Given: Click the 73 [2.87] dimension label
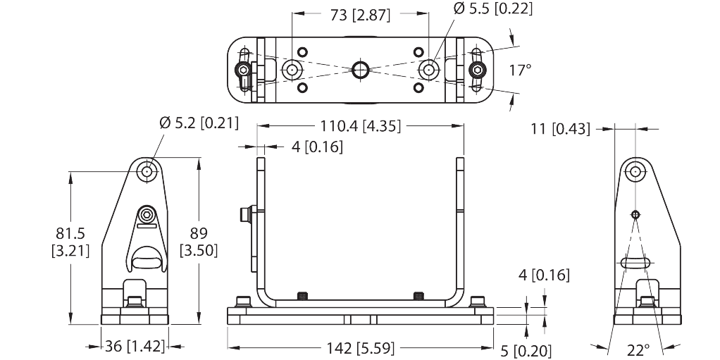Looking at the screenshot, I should point(361,14).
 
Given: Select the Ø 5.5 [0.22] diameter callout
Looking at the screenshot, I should point(492,9).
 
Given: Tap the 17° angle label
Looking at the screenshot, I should point(520,70).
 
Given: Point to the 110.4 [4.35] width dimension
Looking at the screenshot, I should point(360,127).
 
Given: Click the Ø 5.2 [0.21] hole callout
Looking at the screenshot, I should point(199,124).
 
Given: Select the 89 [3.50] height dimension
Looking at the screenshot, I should point(199,240).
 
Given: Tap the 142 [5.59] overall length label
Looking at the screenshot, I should point(360,347).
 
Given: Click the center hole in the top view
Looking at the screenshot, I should point(361,70).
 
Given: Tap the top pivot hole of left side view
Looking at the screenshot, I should point(147,170).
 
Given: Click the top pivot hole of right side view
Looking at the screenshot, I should point(635,170).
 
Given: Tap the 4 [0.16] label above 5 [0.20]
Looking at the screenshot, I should point(543,275).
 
